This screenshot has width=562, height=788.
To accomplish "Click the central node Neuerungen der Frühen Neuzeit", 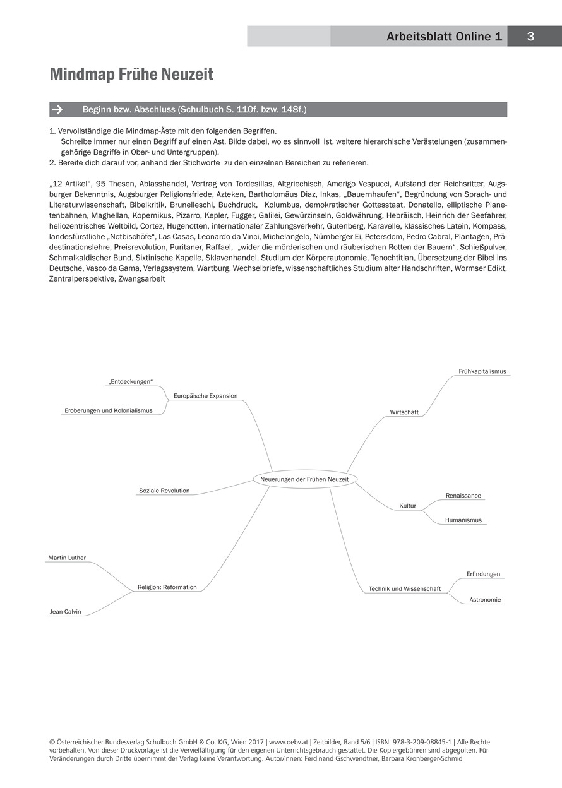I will point(304,479).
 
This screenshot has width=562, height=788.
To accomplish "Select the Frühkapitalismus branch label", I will point(482,371).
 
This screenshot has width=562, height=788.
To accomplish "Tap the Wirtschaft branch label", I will point(404,412).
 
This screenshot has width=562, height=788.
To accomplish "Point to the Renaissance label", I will point(463,496).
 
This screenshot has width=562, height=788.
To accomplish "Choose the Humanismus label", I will point(463,520).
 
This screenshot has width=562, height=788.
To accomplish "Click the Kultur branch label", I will point(407,506).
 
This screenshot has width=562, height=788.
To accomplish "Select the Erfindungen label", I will point(483,574).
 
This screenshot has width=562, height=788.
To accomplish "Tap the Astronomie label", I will point(485,599).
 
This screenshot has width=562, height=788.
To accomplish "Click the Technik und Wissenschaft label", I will point(405,589).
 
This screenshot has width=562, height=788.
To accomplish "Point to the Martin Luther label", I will point(67,558).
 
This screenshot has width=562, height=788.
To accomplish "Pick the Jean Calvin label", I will point(64,611).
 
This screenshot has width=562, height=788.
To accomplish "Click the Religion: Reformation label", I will point(167,587).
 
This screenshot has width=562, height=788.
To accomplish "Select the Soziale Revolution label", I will point(164,491).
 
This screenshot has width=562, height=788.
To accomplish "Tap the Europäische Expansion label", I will point(205,396).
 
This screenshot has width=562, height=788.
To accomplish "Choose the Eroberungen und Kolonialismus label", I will point(108,410).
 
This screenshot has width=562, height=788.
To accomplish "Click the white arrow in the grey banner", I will point(57,110).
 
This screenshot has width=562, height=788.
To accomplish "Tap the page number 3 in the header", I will point(530,37).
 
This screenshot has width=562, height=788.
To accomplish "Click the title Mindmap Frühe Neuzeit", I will point(131,75).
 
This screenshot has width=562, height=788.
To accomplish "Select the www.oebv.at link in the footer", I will point(289,742).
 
